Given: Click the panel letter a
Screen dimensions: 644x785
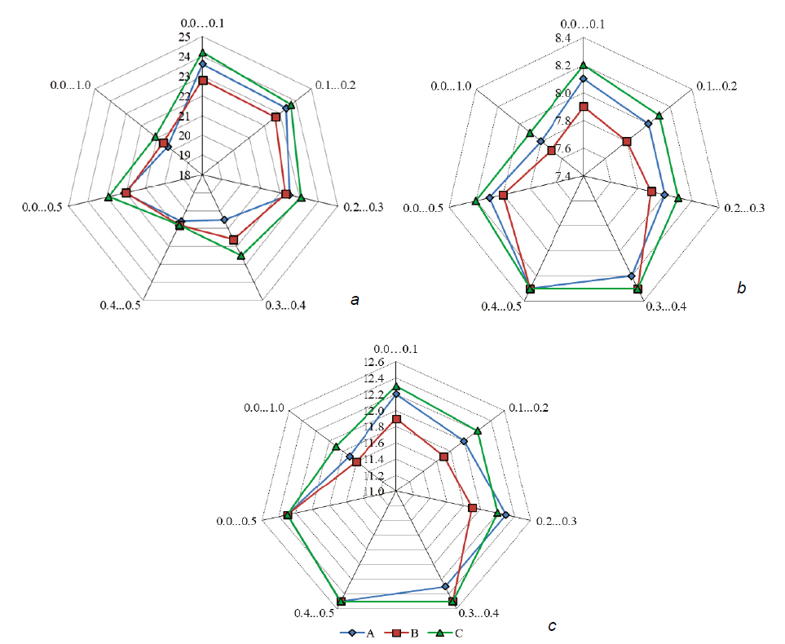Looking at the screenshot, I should point(354,301).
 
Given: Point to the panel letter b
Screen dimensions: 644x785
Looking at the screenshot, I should point(740,287).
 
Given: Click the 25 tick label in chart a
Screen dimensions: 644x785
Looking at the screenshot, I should point(183,38).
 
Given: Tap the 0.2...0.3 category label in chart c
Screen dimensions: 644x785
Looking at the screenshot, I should point(556,520).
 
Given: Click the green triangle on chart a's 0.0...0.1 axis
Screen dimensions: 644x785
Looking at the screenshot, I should point(202,53).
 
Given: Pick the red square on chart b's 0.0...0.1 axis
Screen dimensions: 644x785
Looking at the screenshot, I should point(584,107).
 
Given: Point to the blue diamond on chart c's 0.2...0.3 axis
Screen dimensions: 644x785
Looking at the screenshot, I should point(505,515).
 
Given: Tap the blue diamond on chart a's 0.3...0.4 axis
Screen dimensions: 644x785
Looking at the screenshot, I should point(224,220).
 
